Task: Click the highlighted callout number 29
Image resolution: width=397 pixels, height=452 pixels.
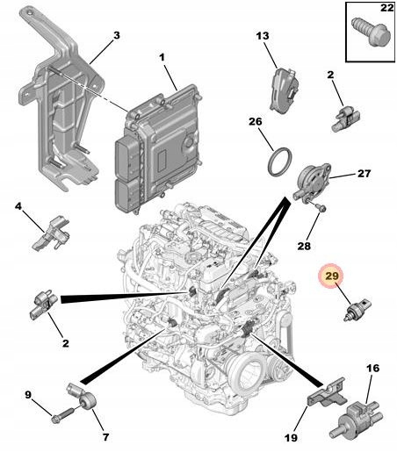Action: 331,276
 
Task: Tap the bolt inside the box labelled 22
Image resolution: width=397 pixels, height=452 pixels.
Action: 372,32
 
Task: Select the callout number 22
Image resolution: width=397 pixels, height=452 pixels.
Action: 386,8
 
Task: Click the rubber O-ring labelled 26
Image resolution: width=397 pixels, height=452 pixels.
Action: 279,162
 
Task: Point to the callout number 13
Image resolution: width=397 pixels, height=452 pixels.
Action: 263,36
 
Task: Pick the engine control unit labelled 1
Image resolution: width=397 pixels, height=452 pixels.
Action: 158,148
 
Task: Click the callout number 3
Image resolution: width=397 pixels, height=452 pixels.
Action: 117,35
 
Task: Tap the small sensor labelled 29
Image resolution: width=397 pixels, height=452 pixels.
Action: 357,310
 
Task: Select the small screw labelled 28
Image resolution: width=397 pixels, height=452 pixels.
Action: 320,208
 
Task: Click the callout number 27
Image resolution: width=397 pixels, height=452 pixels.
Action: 364,174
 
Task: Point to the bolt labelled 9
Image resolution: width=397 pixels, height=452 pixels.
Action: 63,416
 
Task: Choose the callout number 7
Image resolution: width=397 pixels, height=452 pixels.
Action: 105,437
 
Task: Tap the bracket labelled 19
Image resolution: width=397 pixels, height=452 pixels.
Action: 327,392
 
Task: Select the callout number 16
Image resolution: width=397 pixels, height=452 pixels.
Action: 372,368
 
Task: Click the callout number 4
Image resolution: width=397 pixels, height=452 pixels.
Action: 18,206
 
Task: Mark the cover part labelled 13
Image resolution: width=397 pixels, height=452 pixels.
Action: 284,90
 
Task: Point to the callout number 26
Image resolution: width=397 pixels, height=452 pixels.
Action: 256,121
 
